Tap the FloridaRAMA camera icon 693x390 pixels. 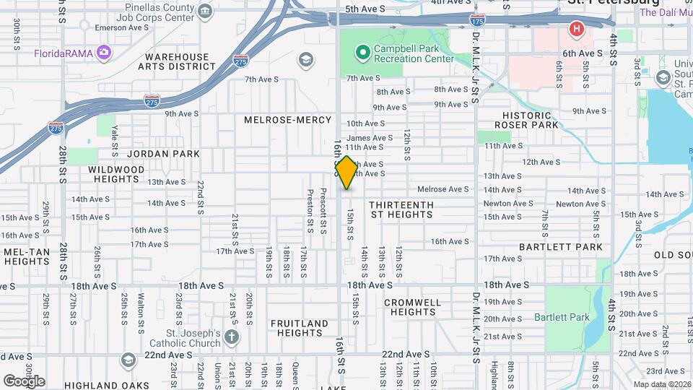pyautogui.click(x=104, y=52)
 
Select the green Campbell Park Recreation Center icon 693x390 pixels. pyautogui.click(x=362, y=52)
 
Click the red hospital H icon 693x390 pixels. pyautogui.click(x=576, y=29)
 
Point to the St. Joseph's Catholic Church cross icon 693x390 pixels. pyautogui.click(x=230, y=337)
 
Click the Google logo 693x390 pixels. pyautogui.click(x=24, y=381)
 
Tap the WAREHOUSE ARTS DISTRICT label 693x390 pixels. pyautogui.click(x=180, y=62)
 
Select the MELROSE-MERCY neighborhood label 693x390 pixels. pyautogui.click(x=287, y=120)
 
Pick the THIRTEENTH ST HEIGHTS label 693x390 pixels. pyautogui.click(x=402, y=209)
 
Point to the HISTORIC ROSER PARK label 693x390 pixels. pyautogui.click(x=531, y=120)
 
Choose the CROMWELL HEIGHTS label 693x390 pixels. pyautogui.click(x=413, y=307)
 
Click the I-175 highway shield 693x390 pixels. pyautogui.click(x=476, y=22)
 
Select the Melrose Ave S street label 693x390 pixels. pyautogui.click(x=443, y=189)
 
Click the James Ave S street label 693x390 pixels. pyautogui.click(x=370, y=137)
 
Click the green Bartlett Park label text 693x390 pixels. pyautogui.click(x=562, y=317)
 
